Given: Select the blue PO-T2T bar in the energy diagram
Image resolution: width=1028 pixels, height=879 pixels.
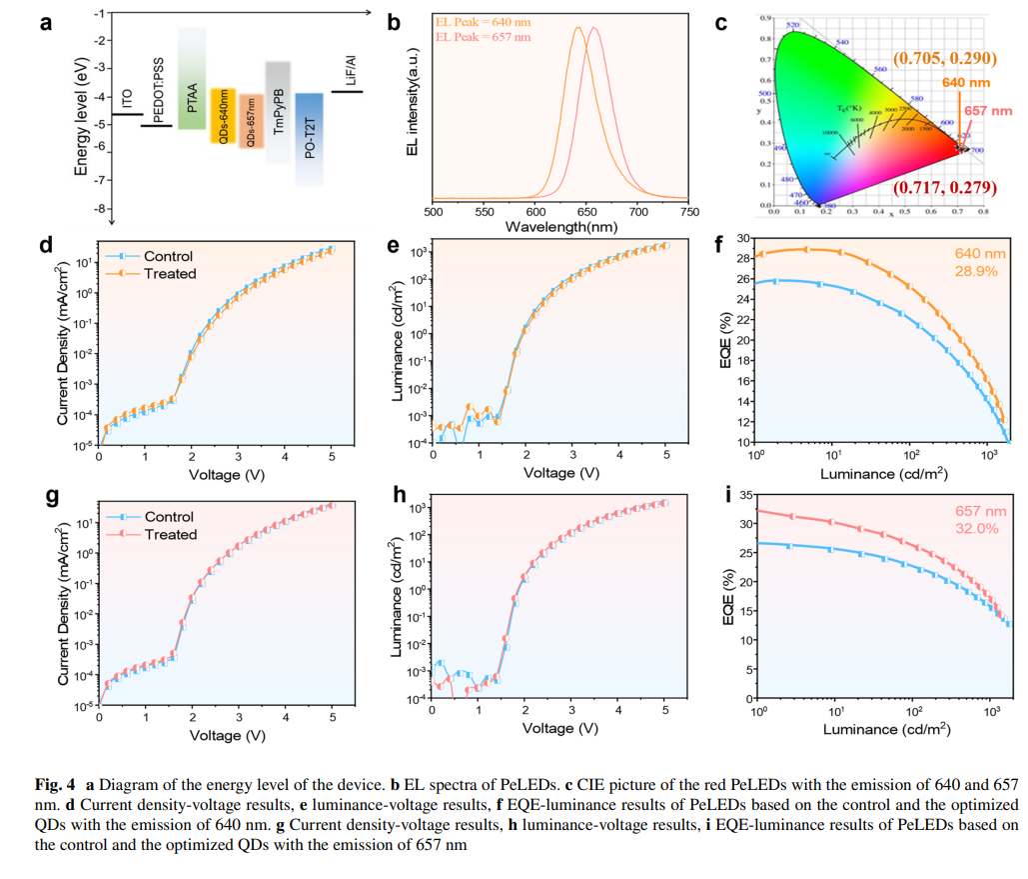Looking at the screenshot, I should [x=309, y=140].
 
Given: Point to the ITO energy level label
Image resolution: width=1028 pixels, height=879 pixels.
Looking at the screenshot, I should [x=127, y=99].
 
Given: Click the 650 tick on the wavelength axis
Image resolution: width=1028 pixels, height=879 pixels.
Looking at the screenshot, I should [x=637, y=212].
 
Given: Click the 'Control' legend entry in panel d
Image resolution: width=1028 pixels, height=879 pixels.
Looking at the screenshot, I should [x=168, y=257].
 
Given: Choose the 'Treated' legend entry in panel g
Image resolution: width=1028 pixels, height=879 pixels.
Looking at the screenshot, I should [x=171, y=535].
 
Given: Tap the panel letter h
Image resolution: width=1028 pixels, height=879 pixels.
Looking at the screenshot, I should [x=400, y=496].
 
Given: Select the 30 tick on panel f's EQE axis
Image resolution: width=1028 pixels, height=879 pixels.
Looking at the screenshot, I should [x=743, y=238].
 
